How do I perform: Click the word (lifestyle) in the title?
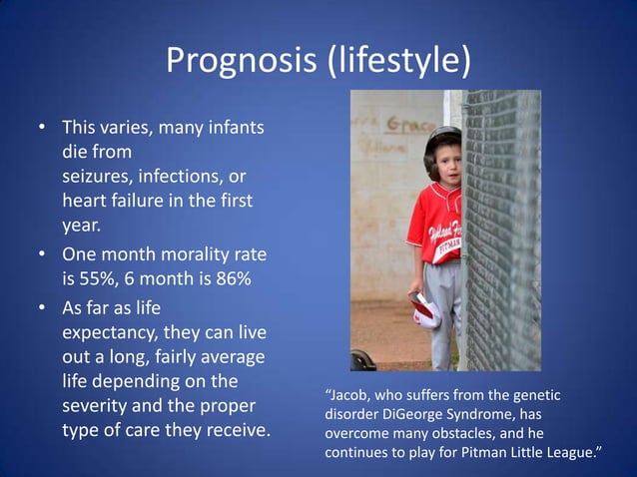397,61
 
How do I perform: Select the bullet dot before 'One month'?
42,256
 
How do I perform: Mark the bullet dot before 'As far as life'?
42,307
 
